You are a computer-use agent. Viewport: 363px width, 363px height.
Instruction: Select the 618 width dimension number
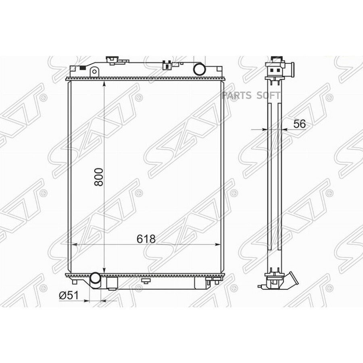coord(146,239)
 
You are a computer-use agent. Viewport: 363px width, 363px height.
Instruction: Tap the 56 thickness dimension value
coord(299,124)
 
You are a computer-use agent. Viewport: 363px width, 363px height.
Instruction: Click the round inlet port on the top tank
coord(199,69)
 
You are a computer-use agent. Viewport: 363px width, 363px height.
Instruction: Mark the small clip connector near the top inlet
coord(166,65)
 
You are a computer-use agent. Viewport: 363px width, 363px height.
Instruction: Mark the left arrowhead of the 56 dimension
coord(265,129)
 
